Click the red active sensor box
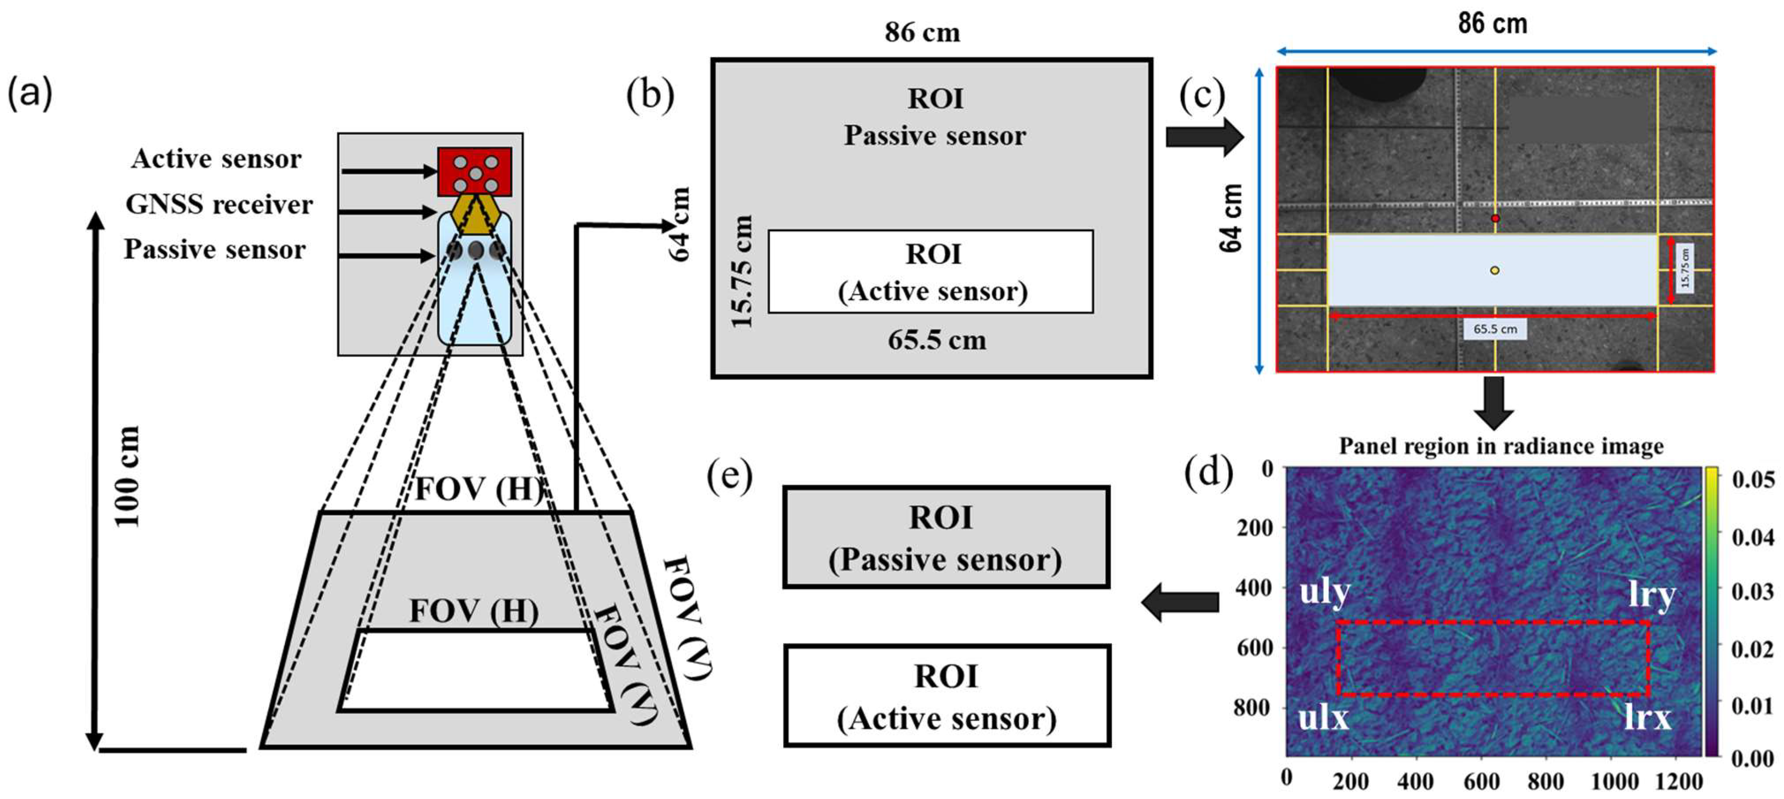[474, 171]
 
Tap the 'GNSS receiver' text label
[219, 205]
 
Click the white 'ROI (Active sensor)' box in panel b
[931, 272]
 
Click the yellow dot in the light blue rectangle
[1494, 270]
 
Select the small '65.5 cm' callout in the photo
[1494, 329]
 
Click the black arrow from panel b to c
[1204, 137]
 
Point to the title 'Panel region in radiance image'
[1501, 445]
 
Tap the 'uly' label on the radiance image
[1324, 593]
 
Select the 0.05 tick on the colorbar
[1752, 479]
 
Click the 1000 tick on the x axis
[1614, 782]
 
